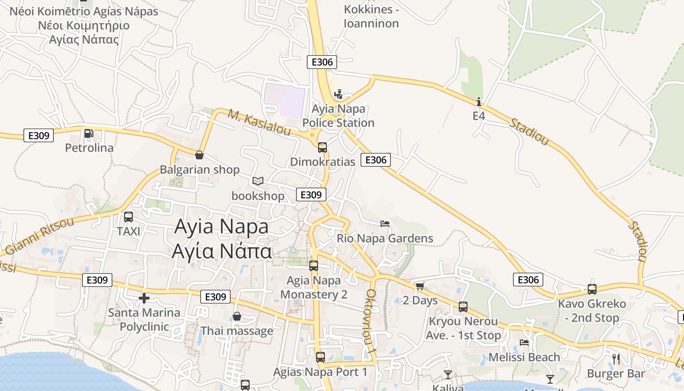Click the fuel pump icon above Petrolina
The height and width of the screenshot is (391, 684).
[88, 133]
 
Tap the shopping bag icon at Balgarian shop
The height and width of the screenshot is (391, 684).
[199, 155]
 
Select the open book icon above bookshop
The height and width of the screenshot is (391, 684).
[258, 181]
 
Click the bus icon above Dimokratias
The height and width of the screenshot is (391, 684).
[322, 147]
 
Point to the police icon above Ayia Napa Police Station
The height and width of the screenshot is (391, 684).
[338, 94]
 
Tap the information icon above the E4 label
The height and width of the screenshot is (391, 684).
[479, 102]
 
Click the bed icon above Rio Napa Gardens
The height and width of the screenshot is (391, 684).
[385, 224]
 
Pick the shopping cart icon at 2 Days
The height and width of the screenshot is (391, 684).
[420, 286]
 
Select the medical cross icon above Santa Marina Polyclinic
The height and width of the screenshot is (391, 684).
[144, 298]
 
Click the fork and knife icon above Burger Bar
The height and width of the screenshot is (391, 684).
[616, 359]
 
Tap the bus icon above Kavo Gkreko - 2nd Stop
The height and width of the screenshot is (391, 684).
[592, 289]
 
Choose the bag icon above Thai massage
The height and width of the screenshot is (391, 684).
[237, 316]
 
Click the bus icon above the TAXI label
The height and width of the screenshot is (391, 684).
[128, 217]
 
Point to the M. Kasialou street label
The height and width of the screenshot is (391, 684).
[259, 123]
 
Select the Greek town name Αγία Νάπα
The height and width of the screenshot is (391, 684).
[221, 251]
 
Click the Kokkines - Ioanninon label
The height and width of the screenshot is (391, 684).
[371, 16]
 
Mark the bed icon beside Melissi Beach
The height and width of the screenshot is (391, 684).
[524, 343]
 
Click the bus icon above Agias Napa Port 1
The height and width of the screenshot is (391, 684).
[320, 357]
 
